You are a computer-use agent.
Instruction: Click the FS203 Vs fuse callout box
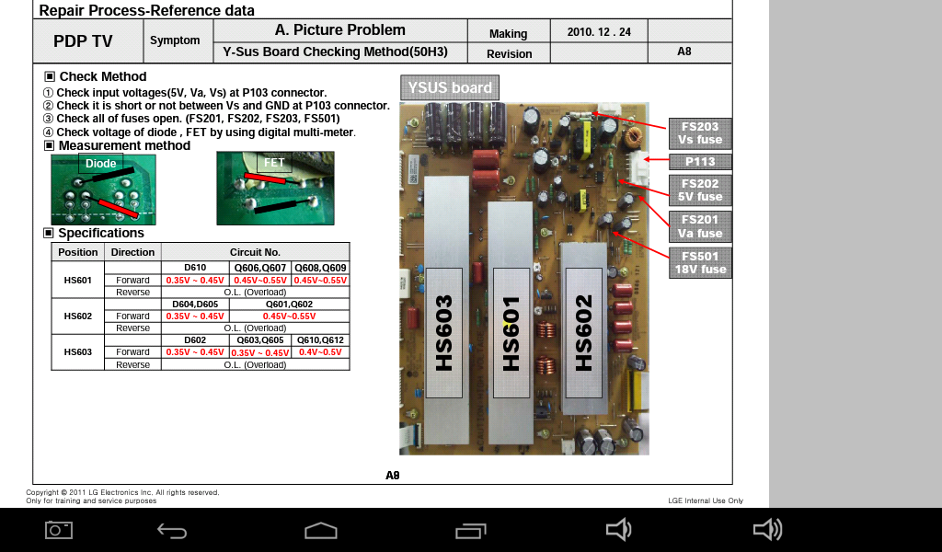pyautogui.click(x=700, y=133)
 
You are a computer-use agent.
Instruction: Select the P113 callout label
pyautogui.click(x=700, y=162)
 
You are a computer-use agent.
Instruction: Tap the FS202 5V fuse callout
pyautogui.click(x=700, y=190)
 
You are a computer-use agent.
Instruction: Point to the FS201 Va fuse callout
pyautogui.click(x=700, y=226)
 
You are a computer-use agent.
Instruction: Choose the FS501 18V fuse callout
pyautogui.click(x=700, y=263)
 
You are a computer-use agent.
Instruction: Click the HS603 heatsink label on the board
pyautogui.click(x=444, y=333)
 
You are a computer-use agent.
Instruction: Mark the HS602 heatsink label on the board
pyautogui.click(x=583, y=333)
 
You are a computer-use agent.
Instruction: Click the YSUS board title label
pyautogui.click(x=450, y=87)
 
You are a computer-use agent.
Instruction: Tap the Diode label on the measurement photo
pyautogui.click(x=101, y=164)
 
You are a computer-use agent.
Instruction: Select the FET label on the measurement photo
pyautogui.click(x=274, y=162)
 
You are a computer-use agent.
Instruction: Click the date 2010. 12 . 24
pyautogui.click(x=599, y=32)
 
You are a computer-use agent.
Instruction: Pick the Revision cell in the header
pyautogui.click(x=509, y=53)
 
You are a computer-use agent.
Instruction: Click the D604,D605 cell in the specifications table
pyautogui.click(x=195, y=304)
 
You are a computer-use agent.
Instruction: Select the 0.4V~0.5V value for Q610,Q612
pyautogui.click(x=320, y=352)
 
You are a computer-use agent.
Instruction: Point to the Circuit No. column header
pyautogui.click(x=256, y=252)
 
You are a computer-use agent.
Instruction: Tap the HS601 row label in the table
pyautogui.click(x=78, y=280)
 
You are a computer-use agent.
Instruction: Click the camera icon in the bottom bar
pyautogui.click(x=59, y=530)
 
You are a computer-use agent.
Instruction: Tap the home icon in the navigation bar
pyautogui.click(x=321, y=530)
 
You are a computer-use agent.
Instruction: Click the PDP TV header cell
pyautogui.click(x=83, y=40)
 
